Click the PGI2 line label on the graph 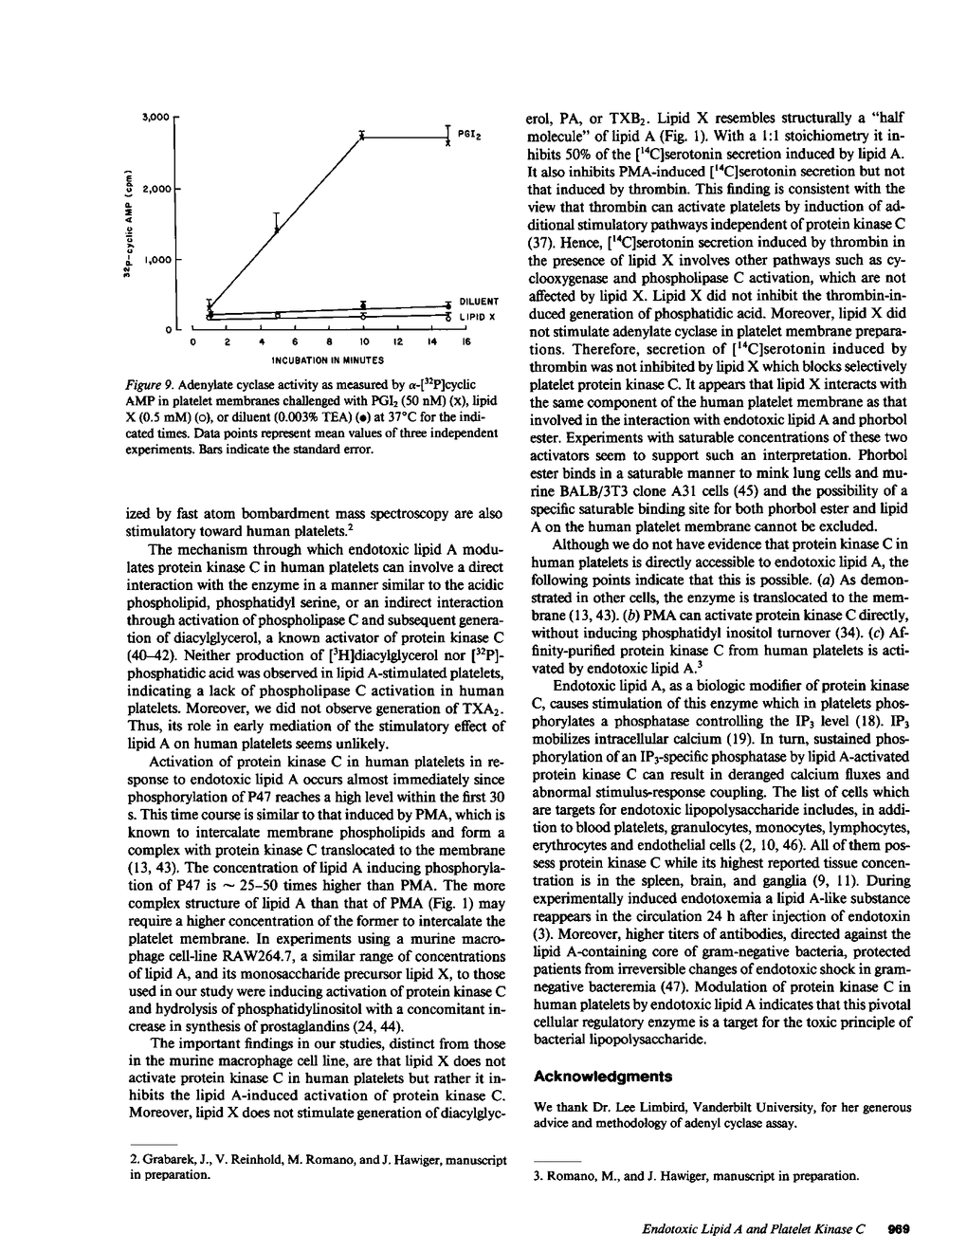[x=471, y=137]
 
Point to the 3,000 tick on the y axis [x=154, y=118]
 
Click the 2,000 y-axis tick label [x=154, y=189]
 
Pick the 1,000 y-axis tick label [x=154, y=259]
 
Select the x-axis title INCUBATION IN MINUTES [x=327, y=360]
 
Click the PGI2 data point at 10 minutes [x=363, y=138]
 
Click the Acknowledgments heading [x=604, y=1077]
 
